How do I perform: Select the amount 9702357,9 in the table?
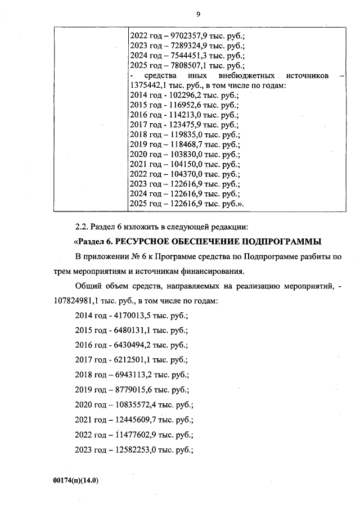[x=184, y=35]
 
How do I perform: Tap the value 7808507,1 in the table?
[x=184, y=66]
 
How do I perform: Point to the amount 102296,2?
[x=181, y=96]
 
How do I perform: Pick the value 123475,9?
[x=181, y=125]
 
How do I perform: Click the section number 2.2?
[x=83, y=227]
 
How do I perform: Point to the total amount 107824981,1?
[x=97, y=301]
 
